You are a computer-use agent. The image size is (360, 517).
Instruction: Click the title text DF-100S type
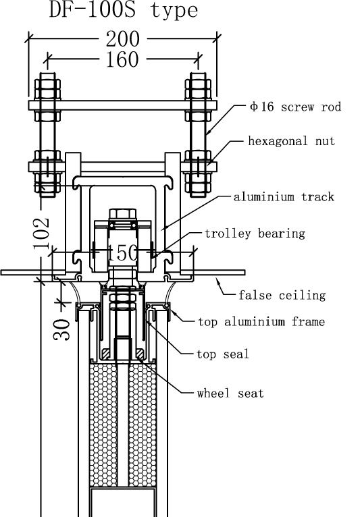[124, 10]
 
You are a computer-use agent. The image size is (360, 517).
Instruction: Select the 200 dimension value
[123, 39]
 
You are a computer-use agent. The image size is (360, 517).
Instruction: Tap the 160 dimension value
[122, 59]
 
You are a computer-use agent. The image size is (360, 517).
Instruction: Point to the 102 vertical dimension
[42, 233]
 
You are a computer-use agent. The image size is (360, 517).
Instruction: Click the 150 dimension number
[122, 253]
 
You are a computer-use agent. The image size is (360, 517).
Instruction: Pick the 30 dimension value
[62, 329]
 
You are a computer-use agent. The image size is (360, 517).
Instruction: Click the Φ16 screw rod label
[295, 107]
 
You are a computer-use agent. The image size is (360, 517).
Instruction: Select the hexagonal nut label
[291, 141]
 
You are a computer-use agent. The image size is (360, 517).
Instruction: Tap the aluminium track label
[284, 197]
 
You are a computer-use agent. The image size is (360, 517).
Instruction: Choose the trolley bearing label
[255, 234]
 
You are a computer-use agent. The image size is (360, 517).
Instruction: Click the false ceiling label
[282, 295]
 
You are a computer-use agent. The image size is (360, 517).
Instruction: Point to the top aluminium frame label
[261, 321]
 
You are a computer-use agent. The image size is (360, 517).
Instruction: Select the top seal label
[223, 354]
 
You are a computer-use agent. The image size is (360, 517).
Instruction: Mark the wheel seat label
[230, 393]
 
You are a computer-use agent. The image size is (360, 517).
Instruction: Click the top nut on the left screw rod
[47, 89]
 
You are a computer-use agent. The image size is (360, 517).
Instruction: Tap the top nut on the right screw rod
[198, 89]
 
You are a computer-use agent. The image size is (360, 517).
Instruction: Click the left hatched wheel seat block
[107, 354]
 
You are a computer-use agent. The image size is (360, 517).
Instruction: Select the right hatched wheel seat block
[140, 354]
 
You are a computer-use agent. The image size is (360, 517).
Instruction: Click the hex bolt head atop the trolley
[122, 214]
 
